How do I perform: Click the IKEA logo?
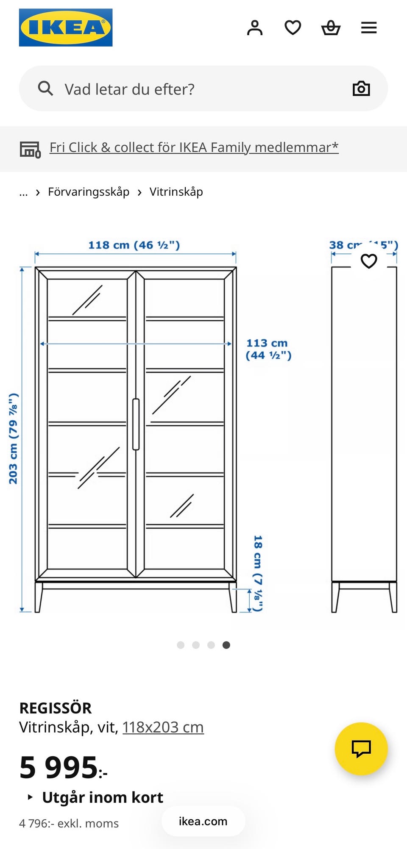pyautogui.click(x=66, y=28)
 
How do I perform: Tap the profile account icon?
pyautogui.click(x=255, y=28)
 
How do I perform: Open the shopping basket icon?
pyautogui.click(x=331, y=28)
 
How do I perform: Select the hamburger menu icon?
pyautogui.click(x=369, y=28)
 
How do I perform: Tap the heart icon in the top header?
pyautogui.click(x=293, y=28)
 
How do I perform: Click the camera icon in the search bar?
pyautogui.click(x=361, y=89)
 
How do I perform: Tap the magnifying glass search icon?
pyautogui.click(x=45, y=89)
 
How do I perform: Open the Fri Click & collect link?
pyautogui.click(x=194, y=147)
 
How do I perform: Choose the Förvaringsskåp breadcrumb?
pyautogui.click(x=89, y=192)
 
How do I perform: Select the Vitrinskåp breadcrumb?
pyautogui.click(x=176, y=192)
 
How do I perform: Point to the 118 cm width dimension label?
pyautogui.click(x=134, y=245)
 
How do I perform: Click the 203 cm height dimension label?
pyautogui.click(x=14, y=438)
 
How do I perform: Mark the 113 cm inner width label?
pyautogui.click(x=268, y=349)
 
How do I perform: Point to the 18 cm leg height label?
pyautogui.click(x=258, y=573)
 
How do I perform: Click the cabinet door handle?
pyautogui.click(x=136, y=424)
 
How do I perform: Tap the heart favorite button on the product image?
pyautogui.click(x=369, y=261)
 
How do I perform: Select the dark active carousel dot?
pyautogui.click(x=226, y=645)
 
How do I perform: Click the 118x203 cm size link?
pyautogui.click(x=163, y=727)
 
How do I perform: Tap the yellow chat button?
pyautogui.click(x=361, y=749)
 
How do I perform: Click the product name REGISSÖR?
pyautogui.click(x=56, y=707)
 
